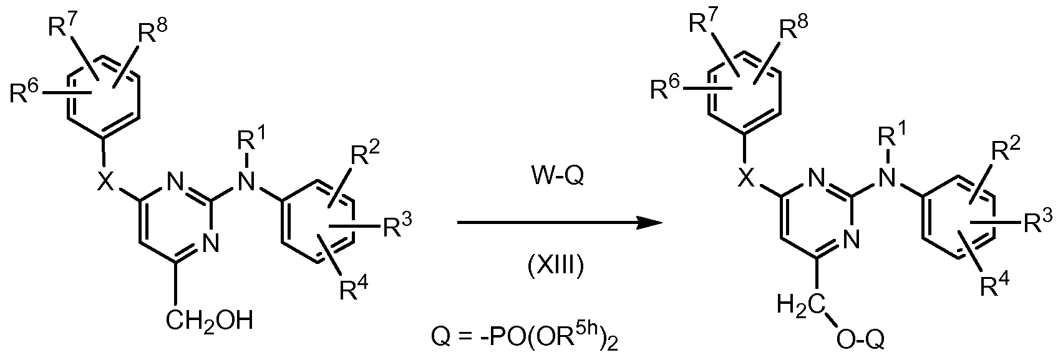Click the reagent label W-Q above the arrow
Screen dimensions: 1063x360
click(x=555, y=177)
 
